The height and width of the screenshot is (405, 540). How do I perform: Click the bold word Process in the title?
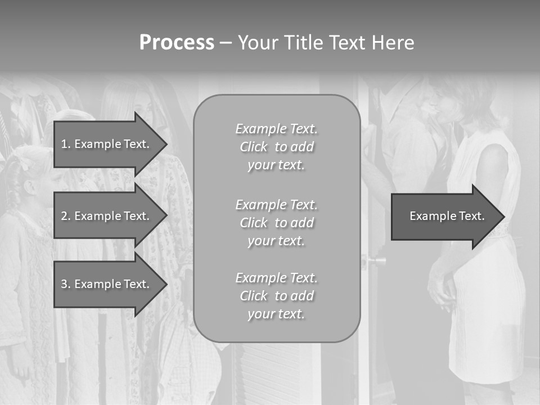coord(177,43)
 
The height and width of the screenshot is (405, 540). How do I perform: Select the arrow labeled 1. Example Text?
coord(107,144)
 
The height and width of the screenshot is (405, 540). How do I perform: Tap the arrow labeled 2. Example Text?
coord(107,216)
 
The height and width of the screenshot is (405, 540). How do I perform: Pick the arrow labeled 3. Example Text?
coord(107,284)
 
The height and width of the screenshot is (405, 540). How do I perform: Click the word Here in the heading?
coord(393,43)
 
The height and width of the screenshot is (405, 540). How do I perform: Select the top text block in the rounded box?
coord(276,147)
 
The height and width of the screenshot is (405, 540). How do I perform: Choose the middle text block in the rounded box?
coord(276,223)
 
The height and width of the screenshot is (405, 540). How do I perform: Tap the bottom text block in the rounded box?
coord(276,296)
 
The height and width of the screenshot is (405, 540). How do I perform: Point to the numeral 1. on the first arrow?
coord(66,144)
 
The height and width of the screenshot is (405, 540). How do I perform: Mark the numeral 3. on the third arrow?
coord(66,284)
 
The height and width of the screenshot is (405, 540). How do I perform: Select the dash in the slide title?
coord(226,43)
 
